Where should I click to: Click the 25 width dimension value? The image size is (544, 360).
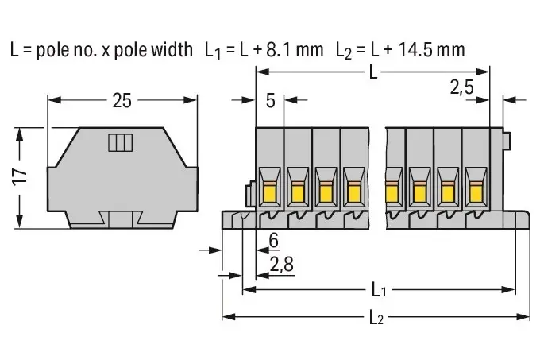point(122,101)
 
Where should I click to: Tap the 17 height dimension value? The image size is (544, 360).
point(21,176)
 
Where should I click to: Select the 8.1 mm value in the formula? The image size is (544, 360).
point(295,49)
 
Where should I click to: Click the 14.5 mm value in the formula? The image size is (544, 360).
point(431,49)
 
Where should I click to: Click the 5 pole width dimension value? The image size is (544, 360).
point(271,101)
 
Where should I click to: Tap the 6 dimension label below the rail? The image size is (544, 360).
point(274,240)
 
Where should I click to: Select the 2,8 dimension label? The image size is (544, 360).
point(281,265)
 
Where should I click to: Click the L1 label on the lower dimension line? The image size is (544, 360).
point(379,290)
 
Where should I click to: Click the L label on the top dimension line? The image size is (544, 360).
point(373,72)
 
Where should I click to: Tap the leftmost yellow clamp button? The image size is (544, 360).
point(269,193)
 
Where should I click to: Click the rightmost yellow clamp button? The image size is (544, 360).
point(476,193)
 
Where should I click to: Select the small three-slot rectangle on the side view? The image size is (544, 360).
point(121,143)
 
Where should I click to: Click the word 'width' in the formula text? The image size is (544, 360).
point(172,49)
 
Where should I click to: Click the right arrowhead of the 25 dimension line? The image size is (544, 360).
point(190,100)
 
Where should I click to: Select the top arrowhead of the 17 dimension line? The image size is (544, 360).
point(20,134)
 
